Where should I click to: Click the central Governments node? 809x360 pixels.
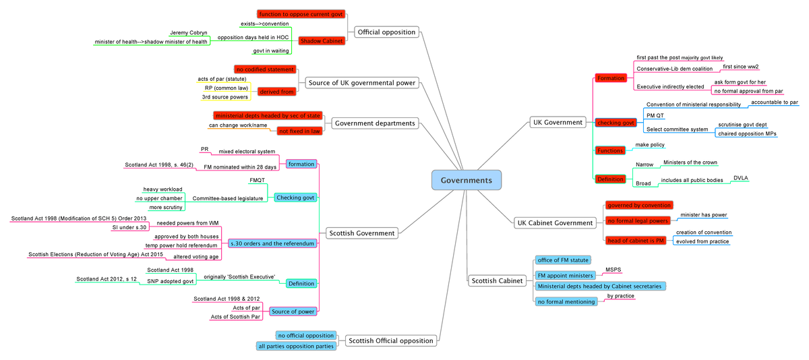466,180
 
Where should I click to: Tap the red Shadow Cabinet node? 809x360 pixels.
322,41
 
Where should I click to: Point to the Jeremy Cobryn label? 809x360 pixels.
188,32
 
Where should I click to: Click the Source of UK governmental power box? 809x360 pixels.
362,83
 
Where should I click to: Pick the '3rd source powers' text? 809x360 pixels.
225,97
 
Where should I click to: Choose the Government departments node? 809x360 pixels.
375,123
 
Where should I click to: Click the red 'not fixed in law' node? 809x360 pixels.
299,131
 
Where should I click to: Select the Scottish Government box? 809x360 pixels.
361,233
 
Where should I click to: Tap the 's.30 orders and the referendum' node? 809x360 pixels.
272,243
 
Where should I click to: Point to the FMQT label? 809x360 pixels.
257,180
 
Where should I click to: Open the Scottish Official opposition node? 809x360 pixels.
390,340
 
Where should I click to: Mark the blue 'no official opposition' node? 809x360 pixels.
305,335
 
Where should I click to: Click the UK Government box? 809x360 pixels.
557,122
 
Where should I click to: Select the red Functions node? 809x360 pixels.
610,150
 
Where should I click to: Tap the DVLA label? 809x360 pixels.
741,178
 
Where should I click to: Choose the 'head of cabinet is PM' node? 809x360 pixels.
635,241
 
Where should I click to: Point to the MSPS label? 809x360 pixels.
613,270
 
